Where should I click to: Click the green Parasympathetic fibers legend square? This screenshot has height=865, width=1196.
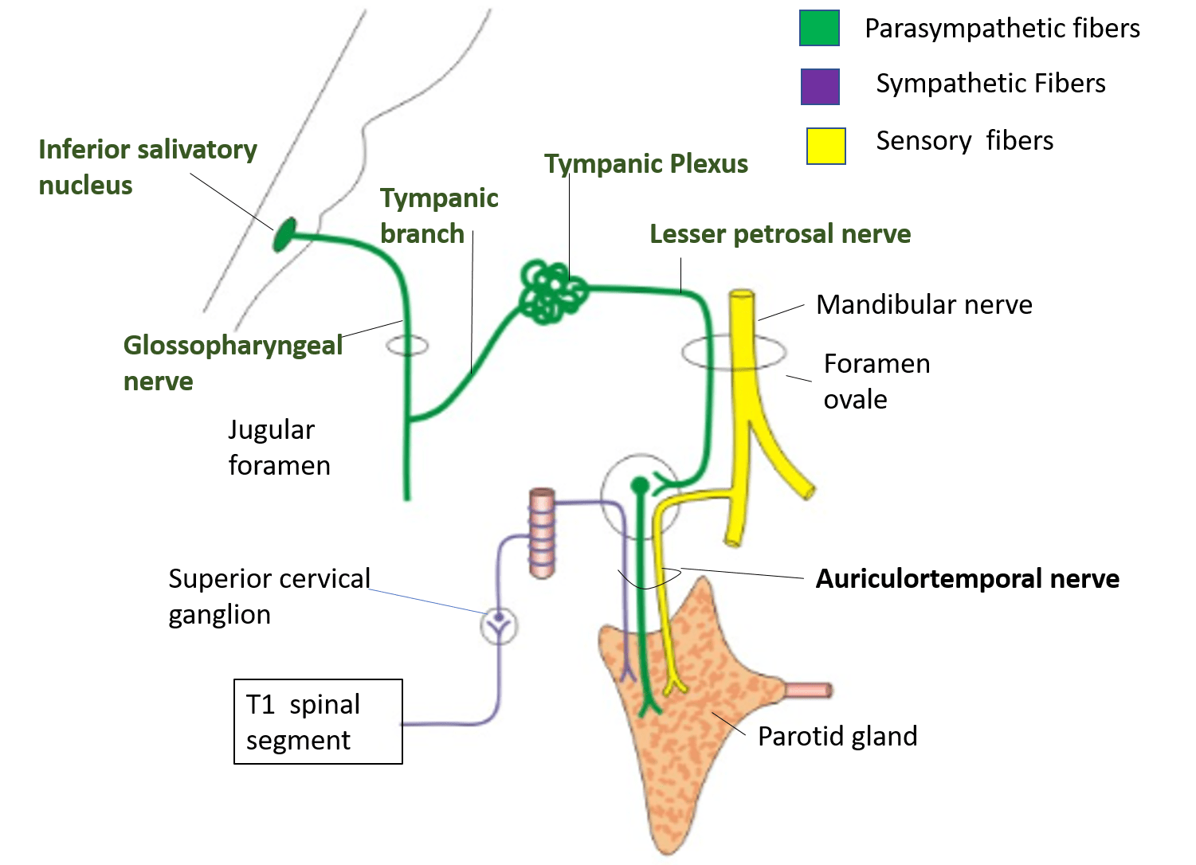point(819,28)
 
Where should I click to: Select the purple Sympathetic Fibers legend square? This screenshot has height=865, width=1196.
point(820,86)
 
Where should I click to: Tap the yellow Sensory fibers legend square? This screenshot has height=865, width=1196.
point(825,146)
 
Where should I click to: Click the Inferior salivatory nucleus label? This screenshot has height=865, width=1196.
point(147,166)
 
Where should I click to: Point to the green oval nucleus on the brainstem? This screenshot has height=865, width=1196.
point(284,234)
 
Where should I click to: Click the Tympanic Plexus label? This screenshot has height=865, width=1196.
point(645,164)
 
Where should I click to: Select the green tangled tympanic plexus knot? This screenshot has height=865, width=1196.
point(551,292)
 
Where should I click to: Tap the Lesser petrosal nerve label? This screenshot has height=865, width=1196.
point(779,234)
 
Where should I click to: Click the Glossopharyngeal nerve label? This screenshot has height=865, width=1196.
point(233,362)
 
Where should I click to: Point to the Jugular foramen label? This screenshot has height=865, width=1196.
point(279,447)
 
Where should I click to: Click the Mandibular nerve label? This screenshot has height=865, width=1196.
point(923,304)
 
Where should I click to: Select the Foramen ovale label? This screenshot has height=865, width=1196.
point(876,381)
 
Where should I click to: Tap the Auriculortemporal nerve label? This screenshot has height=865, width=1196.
point(967,578)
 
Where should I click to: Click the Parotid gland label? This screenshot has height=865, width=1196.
point(837,736)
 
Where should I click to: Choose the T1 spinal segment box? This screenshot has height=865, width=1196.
point(318,722)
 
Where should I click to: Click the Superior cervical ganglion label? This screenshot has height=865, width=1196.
point(269,596)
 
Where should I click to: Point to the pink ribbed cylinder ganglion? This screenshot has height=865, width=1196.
point(542,532)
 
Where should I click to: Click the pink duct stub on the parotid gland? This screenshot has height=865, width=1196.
point(808,690)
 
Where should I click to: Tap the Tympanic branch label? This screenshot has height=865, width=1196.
point(439,215)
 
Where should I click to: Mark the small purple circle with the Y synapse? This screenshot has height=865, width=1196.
point(499,625)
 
